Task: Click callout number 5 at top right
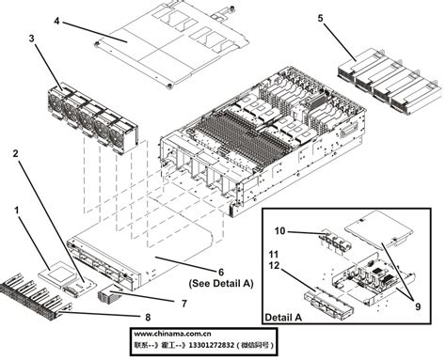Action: [321, 18]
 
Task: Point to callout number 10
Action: [280, 230]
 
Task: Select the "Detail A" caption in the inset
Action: [283, 319]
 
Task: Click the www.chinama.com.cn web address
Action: [172, 333]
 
